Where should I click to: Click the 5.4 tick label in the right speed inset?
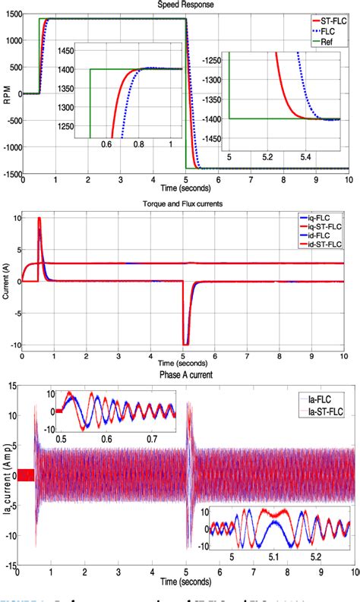tap(305, 157)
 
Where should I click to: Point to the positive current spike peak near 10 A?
tap(39, 219)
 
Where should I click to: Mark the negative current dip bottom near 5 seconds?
tap(185, 344)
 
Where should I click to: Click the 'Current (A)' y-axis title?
tap(7, 281)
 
